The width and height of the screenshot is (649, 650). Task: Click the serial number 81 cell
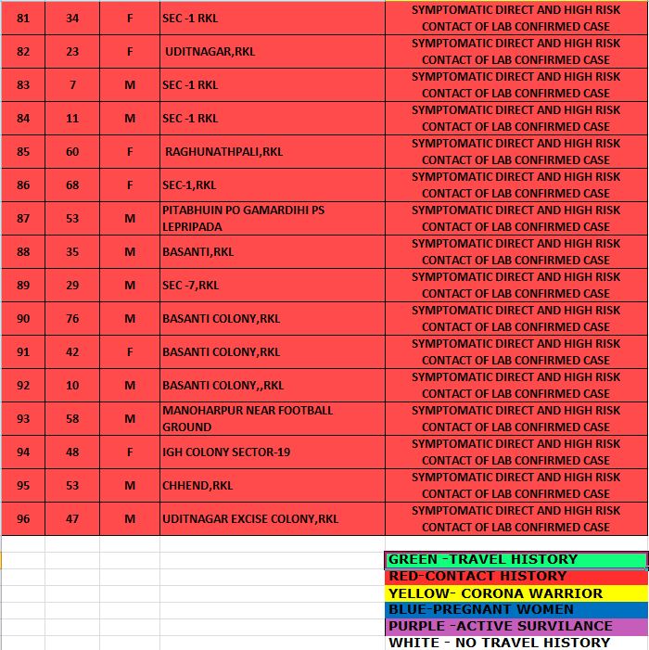[23, 18]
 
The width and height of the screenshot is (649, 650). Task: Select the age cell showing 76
[72, 319]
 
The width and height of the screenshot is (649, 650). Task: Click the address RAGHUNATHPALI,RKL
[223, 152]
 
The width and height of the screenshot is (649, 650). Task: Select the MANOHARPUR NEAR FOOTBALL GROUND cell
[247, 419]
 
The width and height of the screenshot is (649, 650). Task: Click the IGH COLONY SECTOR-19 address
[226, 452]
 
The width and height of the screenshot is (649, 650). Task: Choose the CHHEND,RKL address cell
[197, 486]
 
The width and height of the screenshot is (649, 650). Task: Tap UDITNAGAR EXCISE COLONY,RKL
[250, 519]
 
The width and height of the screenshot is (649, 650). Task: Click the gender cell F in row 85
[130, 152]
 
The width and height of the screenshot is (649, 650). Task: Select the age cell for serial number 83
[72, 85]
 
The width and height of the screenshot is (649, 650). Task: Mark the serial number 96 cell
[23, 519]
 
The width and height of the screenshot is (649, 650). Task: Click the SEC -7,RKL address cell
[191, 286]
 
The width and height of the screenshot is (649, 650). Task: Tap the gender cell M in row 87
[130, 219]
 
